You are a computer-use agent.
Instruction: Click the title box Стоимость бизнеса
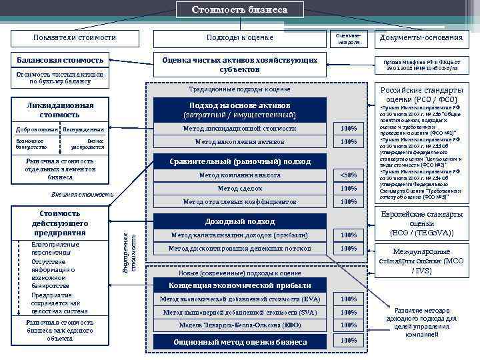(240, 10)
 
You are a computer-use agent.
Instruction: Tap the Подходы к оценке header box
(240, 37)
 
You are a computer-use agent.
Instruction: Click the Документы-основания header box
(420, 37)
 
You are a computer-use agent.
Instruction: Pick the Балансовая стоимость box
(60, 61)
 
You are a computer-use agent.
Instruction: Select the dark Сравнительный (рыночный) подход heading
(239, 161)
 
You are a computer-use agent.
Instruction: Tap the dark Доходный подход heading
(239, 221)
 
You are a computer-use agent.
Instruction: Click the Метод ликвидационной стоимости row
(239, 128)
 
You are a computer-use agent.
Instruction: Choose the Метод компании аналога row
(239, 175)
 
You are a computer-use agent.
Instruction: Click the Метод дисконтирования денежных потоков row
(239, 249)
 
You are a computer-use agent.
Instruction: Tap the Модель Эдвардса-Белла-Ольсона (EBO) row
(239, 325)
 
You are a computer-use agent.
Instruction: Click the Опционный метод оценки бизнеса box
(239, 341)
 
